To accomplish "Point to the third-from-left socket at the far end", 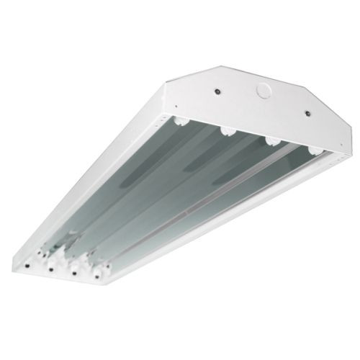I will coord(270,141).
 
